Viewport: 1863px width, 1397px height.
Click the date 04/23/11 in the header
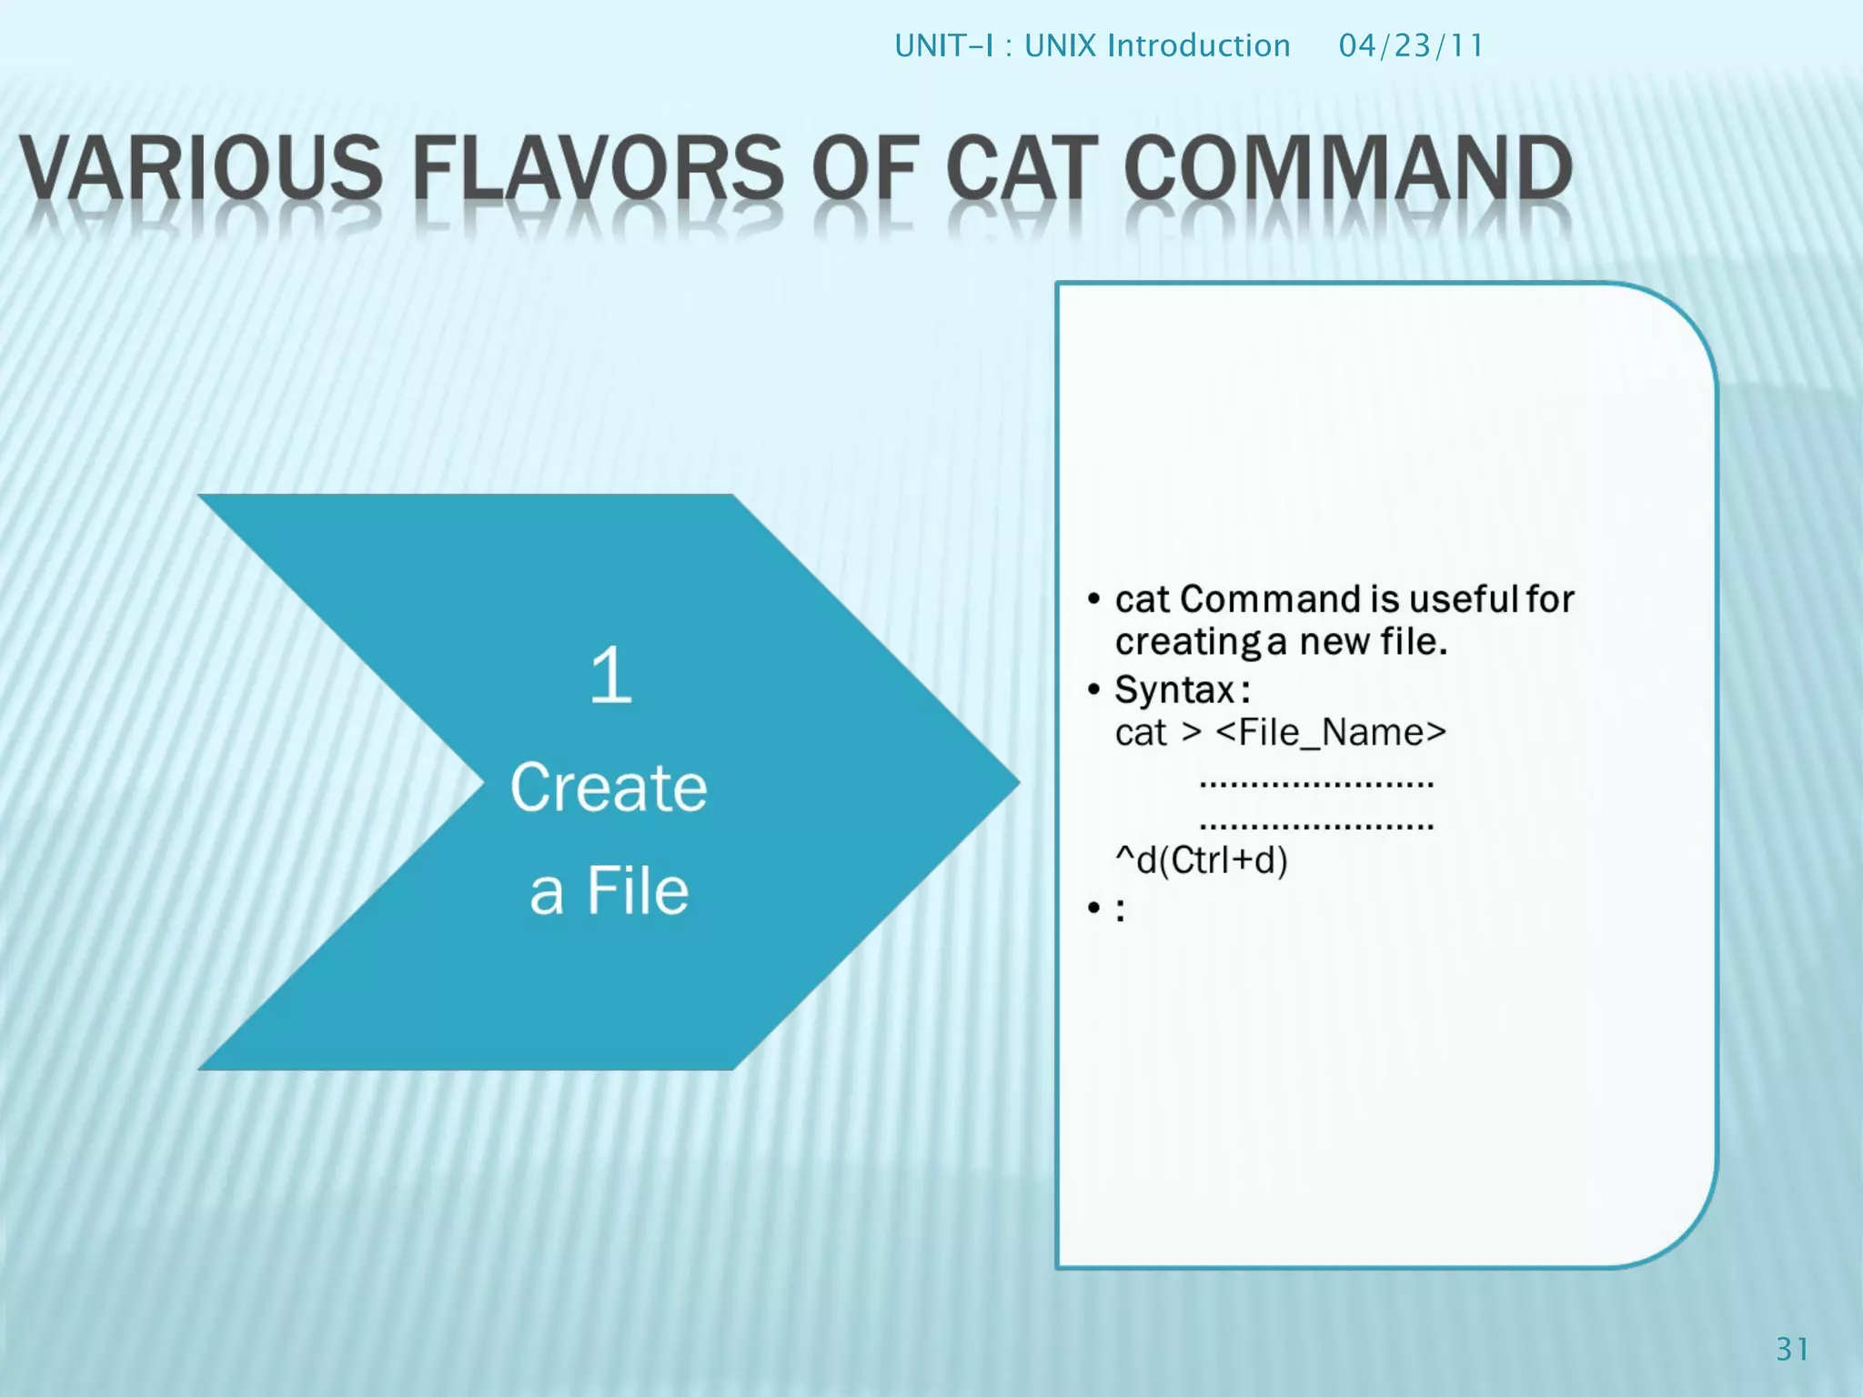click(1411, 45)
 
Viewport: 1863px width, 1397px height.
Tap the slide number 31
click(1792, 1349)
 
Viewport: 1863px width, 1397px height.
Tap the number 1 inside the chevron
click(609, 675)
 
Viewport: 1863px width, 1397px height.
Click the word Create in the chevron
click(608, 788)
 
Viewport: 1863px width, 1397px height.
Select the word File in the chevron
click(638, 890)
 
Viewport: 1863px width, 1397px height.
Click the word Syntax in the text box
click(1174, 689)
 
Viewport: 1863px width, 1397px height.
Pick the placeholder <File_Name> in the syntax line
click(1330, 732)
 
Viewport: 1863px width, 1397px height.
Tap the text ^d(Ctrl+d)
click(1202, 859)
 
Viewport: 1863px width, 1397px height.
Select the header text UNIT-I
click(944, 45)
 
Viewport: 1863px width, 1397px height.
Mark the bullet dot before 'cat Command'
click(1093, 599)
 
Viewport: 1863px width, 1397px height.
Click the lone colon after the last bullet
click(1120, 910)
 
